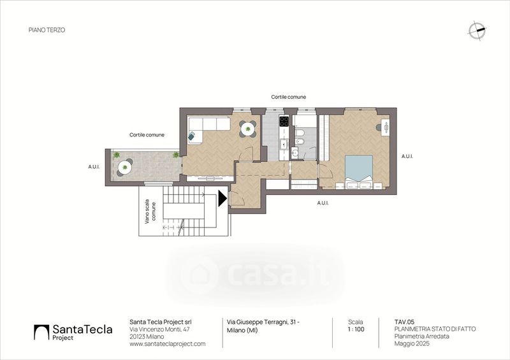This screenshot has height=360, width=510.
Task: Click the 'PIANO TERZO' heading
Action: pyautogui.click(x=47, y=30)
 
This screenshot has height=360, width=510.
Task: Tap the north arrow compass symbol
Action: pyautogui.click(x=477, y=30)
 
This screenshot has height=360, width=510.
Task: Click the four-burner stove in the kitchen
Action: pyautogui.click(x=284, y=121)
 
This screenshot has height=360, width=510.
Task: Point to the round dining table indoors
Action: pyautogui.click(x=248, y=129)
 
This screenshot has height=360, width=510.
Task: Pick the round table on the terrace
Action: pyautogui.click(x=124, y=168)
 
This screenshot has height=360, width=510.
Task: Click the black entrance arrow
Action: pyautogui.click(x=222, y=198)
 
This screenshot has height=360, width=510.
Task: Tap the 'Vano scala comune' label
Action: pyautogui.click(x=150, y=212)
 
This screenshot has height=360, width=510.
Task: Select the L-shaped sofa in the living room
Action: pyautogui.click(x=208, y=129)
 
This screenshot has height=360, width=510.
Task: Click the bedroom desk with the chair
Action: pyautogui.click(x=384, y=127)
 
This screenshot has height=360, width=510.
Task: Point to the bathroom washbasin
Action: pyautogui.click(x=295, y=153)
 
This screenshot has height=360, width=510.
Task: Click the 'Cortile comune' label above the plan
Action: pyautogui.click(x=289, y=97)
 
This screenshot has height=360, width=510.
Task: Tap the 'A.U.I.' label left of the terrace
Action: pyautogui.click(x=94, y=167)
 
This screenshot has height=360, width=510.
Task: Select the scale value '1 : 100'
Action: pyautogui.click(x=356, y=329)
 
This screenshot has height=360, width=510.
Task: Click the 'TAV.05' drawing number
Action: pyautogui.click(x=404, y=322)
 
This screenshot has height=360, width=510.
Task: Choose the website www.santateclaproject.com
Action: pyautogui.click(x=168, y=343)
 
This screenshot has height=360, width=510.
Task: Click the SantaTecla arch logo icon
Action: pyautogui.click(x=41, y=332)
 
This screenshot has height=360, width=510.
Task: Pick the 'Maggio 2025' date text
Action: pyautogui.click(x=412, y=343)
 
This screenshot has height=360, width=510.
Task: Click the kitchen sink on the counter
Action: pyautogui.click(x=284, y=143)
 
